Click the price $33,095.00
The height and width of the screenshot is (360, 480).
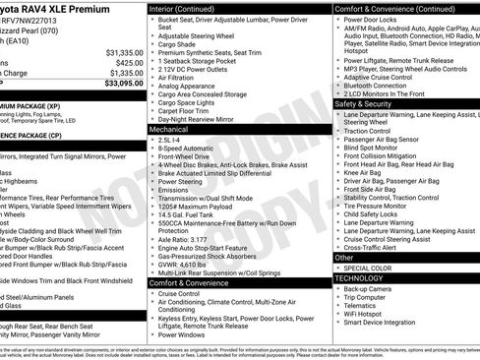point(116,84)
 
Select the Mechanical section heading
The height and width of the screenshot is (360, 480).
point(170,129)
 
